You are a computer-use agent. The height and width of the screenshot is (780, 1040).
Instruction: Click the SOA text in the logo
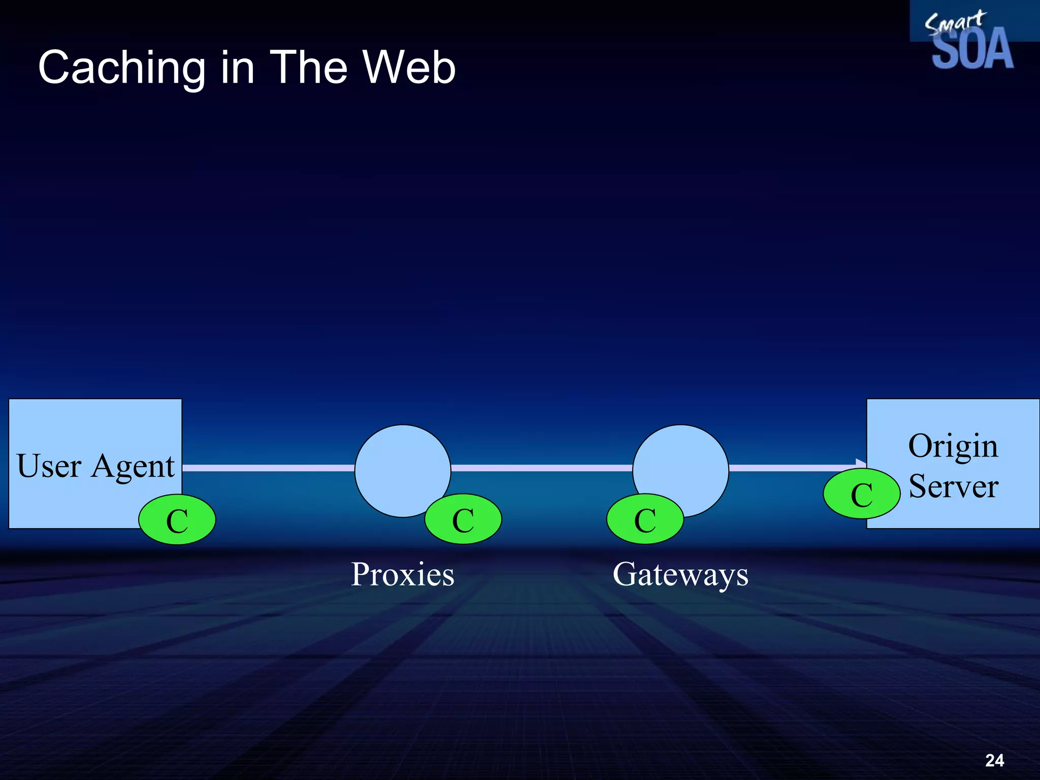click(x=972, y=50)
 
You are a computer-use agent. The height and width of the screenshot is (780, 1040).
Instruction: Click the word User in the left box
click(x=49, y=466)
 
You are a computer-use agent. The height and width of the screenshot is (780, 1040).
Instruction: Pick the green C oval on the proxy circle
click(x=463, y=519)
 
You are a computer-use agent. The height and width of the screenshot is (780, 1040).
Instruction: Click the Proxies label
click(x=403, y=574)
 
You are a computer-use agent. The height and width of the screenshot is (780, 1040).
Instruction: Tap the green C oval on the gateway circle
click(x=645, y=519)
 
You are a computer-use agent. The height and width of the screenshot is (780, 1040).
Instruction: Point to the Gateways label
click(x=680, y=574)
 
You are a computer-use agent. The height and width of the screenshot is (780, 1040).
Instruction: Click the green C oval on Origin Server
click(x=862, y=494)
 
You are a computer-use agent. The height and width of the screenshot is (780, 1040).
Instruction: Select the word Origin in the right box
click(x=953, y=446)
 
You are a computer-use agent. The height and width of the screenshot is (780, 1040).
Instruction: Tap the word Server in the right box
click(x=953, y=486)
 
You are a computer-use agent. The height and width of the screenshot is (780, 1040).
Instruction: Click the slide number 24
click(x=994, y=760)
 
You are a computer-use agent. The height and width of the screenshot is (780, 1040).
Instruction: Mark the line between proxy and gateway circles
click(x=541, y=468)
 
